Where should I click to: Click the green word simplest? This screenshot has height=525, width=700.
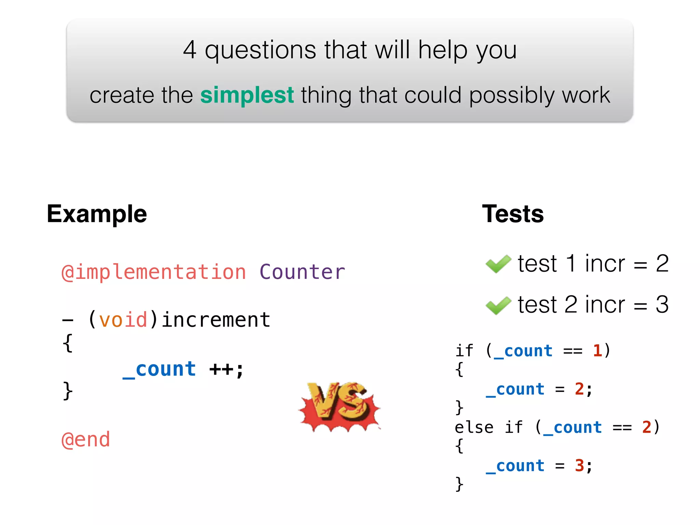tap(247, 95)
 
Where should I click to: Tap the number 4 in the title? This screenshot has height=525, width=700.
tap(190, 50)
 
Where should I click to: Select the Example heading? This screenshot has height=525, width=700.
tap(97, 214)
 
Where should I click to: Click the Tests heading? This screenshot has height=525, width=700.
tap(513, 214)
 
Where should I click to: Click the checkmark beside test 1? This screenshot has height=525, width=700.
tap(498, 264)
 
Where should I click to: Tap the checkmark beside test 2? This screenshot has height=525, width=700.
tap(498, 305)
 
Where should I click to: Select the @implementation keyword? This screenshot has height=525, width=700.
tap(153, 272)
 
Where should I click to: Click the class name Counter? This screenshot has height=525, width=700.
tap(302, 272)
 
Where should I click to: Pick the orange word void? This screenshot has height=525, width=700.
tap(123, 320)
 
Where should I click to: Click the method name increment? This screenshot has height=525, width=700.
tap(216, 320)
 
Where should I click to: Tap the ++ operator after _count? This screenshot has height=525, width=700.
tap(221, 369)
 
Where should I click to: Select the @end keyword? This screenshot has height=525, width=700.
tap(86, 440)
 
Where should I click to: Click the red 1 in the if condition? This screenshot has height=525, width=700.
tap(597, 351)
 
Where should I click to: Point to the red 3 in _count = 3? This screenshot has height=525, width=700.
tap(579, 466)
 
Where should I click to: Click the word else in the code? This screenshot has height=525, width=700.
tap(474, 428)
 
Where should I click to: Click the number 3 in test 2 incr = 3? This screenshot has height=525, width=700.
tap(662, 305)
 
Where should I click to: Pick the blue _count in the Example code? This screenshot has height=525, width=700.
tap(159, 369)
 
